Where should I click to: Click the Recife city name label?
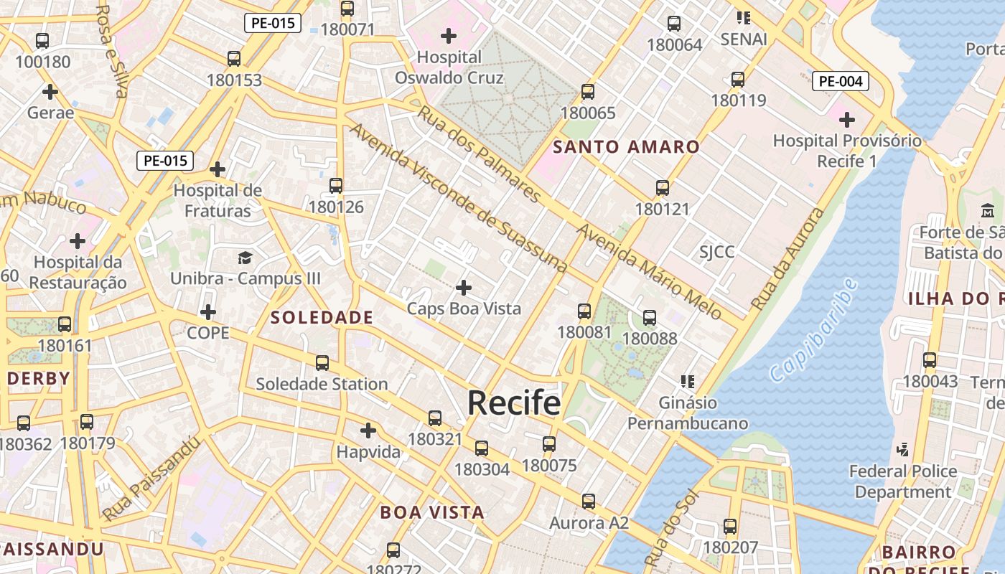[x=514, y=403]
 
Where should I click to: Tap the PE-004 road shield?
[x=840, y=81]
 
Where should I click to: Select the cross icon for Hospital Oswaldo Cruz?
[x=449, y=35]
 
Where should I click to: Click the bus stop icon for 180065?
[x=588, y=92]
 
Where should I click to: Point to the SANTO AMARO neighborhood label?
[x=627, y=147]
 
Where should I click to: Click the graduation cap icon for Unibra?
[x=246, y=258]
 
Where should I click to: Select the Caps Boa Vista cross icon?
[x=464, y=288]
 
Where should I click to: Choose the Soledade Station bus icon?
[x=322, y=363]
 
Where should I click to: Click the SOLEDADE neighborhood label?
[x=322, y=317]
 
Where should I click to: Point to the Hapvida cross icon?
[x=368, y=430]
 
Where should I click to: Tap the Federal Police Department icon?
[x=903, y=450]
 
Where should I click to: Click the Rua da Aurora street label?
[x=787, y=259]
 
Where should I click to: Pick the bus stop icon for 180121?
[x=663, y=188]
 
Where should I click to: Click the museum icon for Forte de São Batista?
[x=988, y=212]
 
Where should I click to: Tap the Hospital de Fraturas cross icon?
[x=218, y=169]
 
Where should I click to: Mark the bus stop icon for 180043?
[x=930, y=360]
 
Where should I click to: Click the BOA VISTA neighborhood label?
[x=432, y=512]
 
